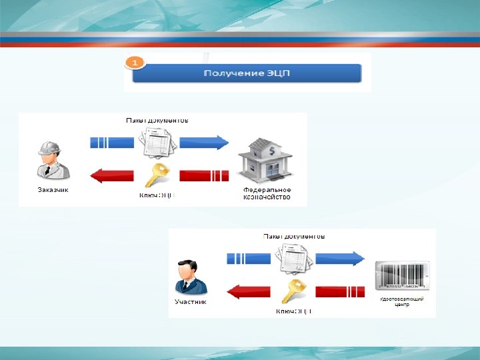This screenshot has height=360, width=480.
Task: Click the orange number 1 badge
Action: pos(135,62)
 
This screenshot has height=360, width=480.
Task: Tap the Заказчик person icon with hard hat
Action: pos(51,159)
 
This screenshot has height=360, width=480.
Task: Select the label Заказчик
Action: pos(53,189)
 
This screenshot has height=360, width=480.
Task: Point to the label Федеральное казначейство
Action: pos(266,193)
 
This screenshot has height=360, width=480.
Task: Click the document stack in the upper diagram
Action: pos(158,141)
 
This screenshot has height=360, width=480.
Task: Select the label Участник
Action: pos(191,302)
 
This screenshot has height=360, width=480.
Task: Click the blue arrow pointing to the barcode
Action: pos(341,257)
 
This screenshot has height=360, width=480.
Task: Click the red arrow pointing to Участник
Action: pos(248,291)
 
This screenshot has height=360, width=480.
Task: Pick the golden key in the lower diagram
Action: pos(294,291)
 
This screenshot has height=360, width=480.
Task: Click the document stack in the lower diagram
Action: pos(294,257)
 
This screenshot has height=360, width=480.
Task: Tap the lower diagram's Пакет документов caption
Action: pos(294,236)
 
